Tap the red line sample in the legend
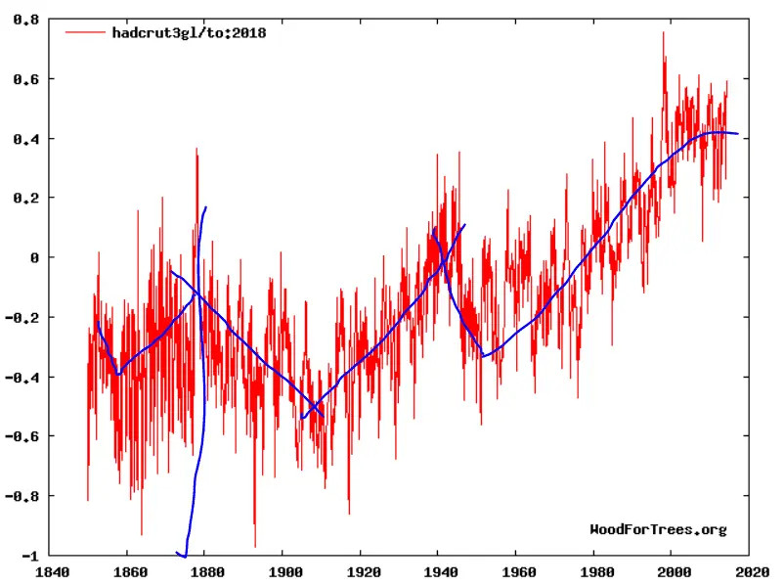coord(86,32)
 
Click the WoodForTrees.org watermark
coord(658,529)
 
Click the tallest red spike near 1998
coord(663,33)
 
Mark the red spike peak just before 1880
coord(196,150)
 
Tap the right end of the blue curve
coord(738,134)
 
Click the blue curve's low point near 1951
coord(483,356)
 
